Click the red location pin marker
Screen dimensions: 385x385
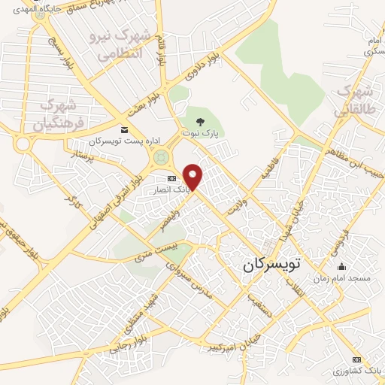194,176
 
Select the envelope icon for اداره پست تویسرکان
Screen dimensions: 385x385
125,130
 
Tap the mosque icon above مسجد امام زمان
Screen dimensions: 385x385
342,265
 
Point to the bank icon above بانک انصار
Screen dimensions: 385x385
171,178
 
